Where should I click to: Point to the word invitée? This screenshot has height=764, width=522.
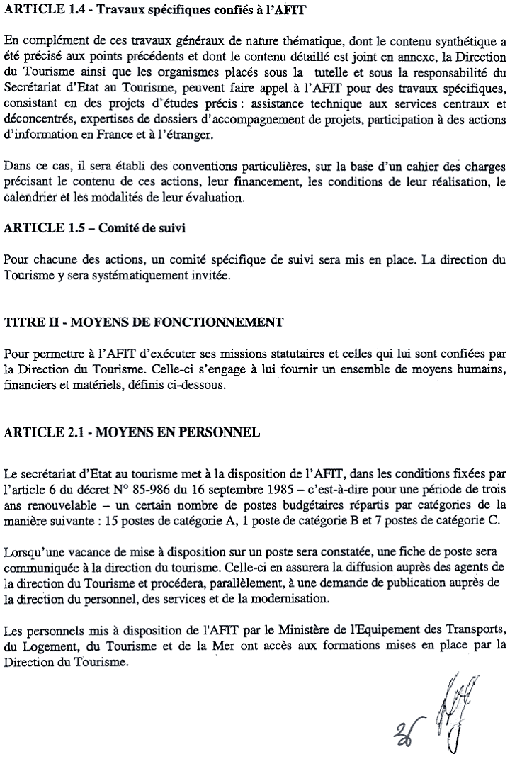[x=209, y=275]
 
